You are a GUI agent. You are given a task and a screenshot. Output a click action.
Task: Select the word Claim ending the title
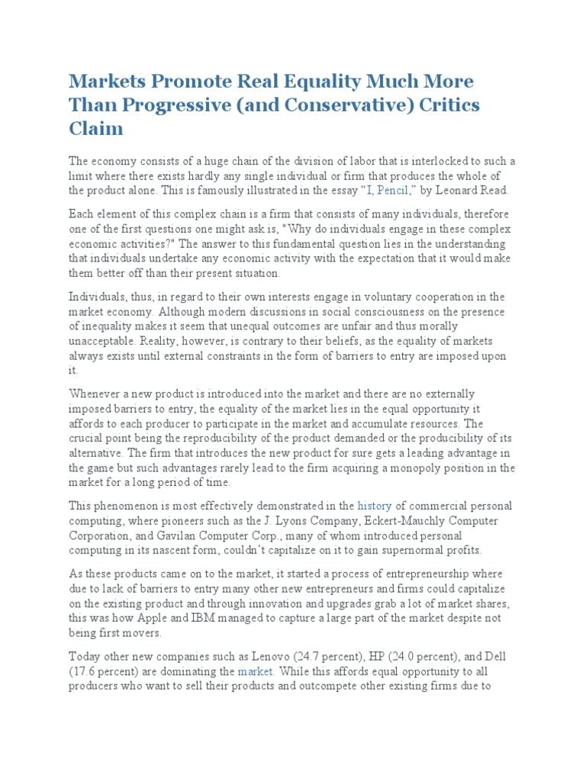[96, 128]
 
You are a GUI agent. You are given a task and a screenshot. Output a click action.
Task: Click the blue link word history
[374, 506]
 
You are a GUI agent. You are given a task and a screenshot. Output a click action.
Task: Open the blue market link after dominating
[255, 672]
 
